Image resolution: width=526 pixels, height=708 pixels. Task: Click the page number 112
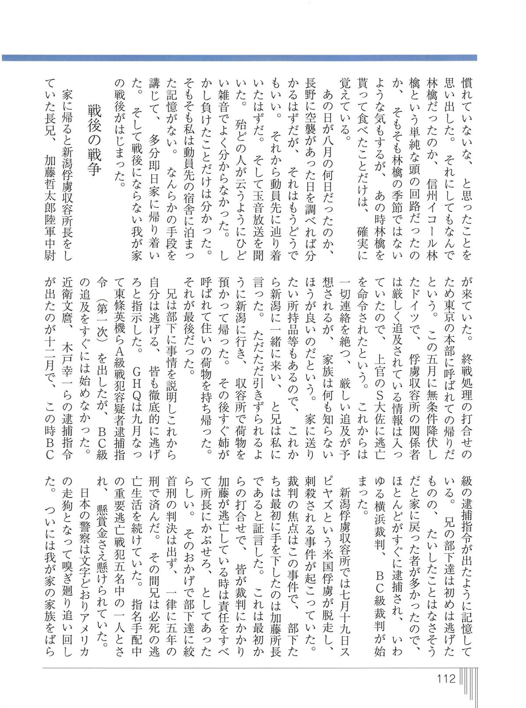446,679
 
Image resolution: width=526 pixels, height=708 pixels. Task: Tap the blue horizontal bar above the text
239,57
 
